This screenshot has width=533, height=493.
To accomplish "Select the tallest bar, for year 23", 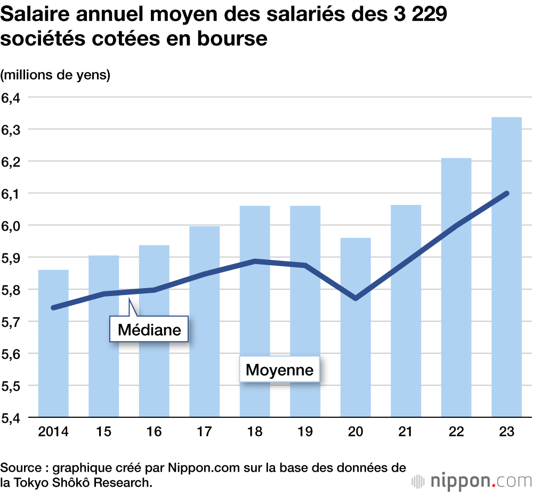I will [x=506, y=267].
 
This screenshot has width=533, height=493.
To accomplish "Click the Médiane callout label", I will [x=149, y=330].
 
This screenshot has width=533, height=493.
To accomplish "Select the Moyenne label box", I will [x=279, y=369].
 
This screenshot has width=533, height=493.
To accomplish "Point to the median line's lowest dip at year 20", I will [x=356, y=298].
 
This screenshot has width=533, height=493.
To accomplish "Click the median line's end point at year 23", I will [x=506, y=193].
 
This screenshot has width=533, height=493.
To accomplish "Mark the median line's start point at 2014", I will [x=53, y=308].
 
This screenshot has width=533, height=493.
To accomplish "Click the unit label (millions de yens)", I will [x=55, y=75].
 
